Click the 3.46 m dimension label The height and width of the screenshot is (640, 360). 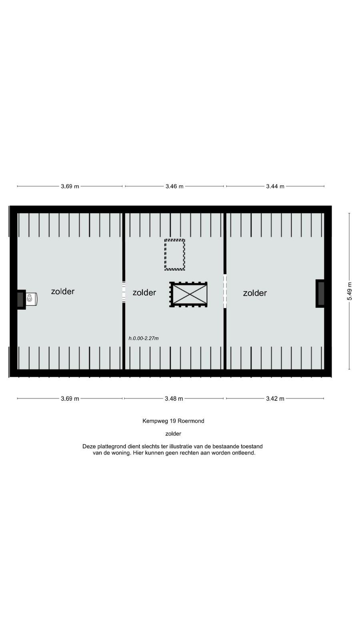(x=174, y=186)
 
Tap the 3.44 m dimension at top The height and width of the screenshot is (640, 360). (x=275, y=186)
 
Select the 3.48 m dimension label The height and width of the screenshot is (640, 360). (x=174, y=398)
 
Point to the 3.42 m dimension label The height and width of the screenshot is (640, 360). (x=275, y=398)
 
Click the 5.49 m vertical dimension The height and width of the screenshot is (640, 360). (x=350, y=291)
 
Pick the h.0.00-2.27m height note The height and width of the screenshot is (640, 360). (x=144, y=338)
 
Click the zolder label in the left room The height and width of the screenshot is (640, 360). (x=63, y=292)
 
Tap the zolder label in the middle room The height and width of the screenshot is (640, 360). (x=144, y=292)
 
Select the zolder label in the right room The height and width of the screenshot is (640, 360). (x=255, y=293)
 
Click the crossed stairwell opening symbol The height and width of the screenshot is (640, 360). (x=188, y=294)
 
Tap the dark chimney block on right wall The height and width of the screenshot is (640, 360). (x=320, y=294)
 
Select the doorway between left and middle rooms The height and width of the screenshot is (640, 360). (x=124, y=292)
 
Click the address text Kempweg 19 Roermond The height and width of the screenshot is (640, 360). (x=174, y=421)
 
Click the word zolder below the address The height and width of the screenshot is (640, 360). (x=174, y=434)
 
